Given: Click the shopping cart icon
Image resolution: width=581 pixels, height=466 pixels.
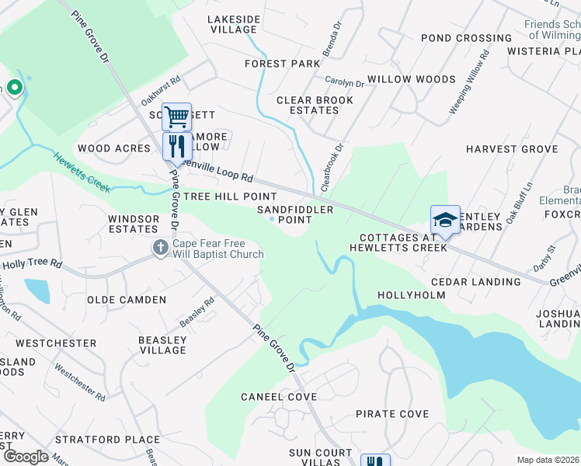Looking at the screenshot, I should pyautogui.click(x=177, y=117).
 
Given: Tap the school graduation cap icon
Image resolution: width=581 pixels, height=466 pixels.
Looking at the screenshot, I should pyautogui.click(x=445, y=220).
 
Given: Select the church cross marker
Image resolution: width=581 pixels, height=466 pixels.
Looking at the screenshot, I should pyautogui.click(x=161, y=248).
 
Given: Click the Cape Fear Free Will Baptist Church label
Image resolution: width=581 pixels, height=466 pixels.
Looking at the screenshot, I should pyautogui.click(x=218, y=248).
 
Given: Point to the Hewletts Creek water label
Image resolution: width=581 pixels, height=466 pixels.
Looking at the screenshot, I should pyautogui.click(x=82, y=172).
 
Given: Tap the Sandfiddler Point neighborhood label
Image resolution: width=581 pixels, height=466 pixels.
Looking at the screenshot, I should pyautogui.click(x=300, y=214).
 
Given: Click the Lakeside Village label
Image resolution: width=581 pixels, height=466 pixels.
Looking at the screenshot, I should pyautogui.click(x=234, y=24).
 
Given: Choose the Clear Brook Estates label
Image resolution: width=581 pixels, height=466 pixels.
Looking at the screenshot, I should pyautogui.click(x=315, y=105).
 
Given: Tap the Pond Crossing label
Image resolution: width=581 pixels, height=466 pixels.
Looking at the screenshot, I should pyautogui.click(x=466, y=38).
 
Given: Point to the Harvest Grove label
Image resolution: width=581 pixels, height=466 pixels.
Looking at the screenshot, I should pyautogui.click(x=512, y=148).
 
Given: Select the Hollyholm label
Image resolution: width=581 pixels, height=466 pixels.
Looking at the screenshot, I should pyautogui.click(x=411, y=295).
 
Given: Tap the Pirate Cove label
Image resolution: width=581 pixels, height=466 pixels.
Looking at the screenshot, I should pyautogui.click(x=392, y=414).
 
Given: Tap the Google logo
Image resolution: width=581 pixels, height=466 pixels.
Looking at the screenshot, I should pyautogui.click(x=26, y=456).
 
